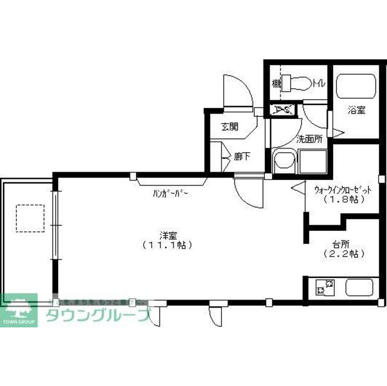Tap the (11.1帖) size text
[167, 245]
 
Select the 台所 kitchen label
[340, 244]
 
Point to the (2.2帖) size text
[341, 254]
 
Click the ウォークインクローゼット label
[342, 190]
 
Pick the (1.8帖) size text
[342, 199]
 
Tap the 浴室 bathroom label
[356, 111]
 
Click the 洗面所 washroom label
[308, 138]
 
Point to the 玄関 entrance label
[229, 126]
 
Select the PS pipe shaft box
[282, 110]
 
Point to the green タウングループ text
[97, 315]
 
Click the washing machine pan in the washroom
[311, 161]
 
